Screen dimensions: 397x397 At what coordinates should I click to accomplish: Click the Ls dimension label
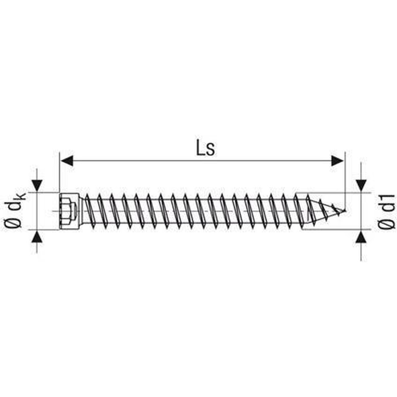(205, 149)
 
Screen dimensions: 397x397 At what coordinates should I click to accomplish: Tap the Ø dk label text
(15, 211)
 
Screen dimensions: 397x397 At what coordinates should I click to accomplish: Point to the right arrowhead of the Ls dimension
(337, 161)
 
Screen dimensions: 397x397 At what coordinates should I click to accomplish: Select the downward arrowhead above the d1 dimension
(361, 185)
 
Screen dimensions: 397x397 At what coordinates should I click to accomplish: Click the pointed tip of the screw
(345, 210)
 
